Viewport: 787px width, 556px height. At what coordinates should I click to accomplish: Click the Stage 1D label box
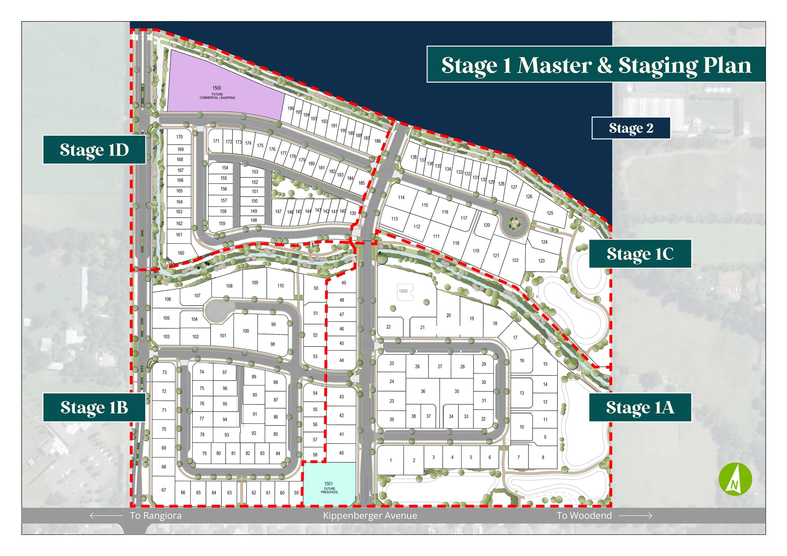[94, 150]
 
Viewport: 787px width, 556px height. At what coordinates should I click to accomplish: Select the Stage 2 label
[631, 128]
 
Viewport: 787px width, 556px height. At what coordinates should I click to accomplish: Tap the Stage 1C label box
[640, 254]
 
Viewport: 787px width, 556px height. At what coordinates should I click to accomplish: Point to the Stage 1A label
[640, 407]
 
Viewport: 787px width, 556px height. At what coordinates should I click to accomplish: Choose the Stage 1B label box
[94, 407]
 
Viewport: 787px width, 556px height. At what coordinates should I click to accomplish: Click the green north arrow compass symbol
[735, 479]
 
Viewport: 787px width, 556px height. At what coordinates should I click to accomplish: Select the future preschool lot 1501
[329, 485]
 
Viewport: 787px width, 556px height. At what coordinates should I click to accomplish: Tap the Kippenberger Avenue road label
[370, 516]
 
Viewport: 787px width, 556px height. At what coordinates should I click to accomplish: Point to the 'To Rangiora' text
[156, 516]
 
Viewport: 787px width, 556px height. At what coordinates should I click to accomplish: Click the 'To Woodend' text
[584, 516]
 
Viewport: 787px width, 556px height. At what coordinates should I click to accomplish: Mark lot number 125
[550, 213]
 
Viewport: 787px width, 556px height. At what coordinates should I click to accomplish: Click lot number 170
[179, 137]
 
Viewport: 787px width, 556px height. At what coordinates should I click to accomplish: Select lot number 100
[246, 331]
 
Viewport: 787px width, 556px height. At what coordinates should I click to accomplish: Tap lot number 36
[423, 392]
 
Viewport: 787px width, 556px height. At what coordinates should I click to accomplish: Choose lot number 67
[164, 490]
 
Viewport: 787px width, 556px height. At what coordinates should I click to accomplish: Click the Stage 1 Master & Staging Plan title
[596, 65]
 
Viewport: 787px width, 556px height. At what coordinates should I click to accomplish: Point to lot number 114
[401, 197]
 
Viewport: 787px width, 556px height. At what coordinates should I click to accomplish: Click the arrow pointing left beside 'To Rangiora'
[106, 516]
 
